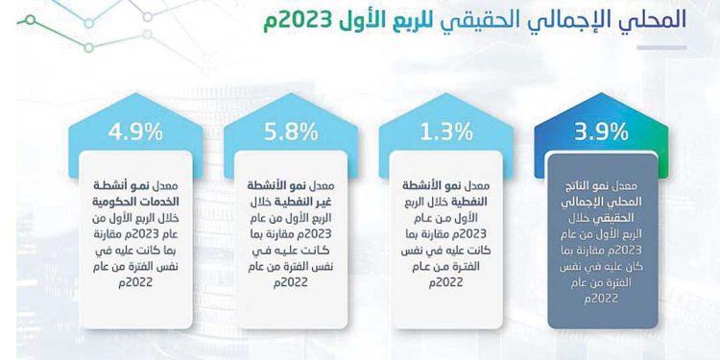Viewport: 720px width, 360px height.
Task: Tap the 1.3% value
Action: tap(445, 132)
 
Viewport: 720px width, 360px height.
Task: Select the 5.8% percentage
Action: tap(289, 132)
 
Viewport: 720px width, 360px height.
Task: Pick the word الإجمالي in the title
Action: tap(548, 18)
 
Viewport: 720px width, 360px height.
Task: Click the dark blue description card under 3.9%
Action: tap(602, 240)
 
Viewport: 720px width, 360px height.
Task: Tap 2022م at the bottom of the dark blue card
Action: tap(601, 300)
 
